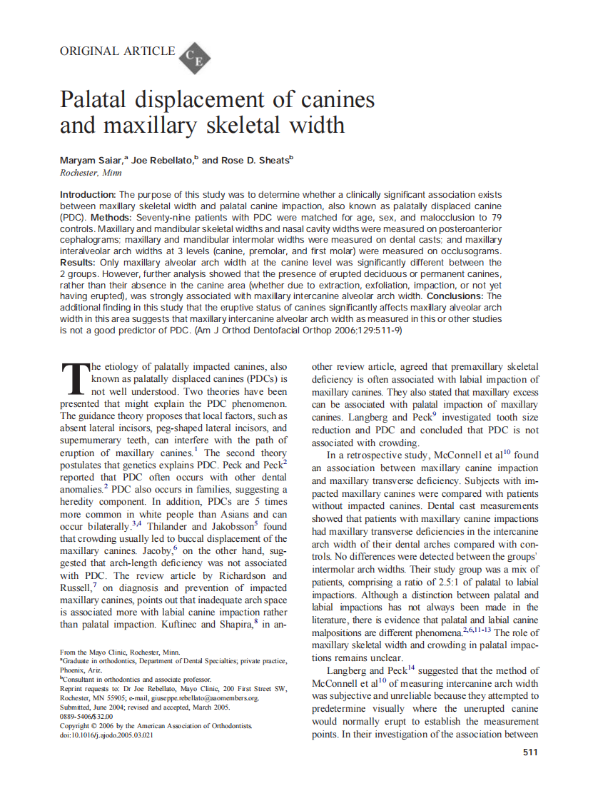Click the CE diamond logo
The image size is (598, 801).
(193, 57)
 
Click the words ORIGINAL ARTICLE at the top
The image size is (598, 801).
(117, 51)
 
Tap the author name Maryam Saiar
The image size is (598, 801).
(90, 160)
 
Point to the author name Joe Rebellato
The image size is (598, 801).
(163, 160)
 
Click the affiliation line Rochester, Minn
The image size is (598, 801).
(91, 173)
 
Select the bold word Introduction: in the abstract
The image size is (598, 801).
(88, 195)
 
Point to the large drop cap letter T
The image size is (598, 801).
(74, 378)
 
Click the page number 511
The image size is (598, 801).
(530, 752)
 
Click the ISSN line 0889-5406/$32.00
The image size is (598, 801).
(86, 716)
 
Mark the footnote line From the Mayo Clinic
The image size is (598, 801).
(121, 652)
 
